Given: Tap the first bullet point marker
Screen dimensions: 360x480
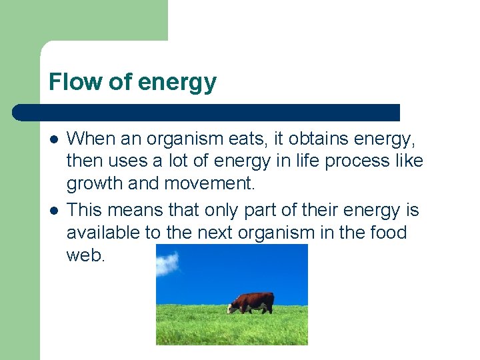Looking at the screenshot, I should coord(53,139).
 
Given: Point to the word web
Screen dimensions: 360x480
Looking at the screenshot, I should coord(86,255).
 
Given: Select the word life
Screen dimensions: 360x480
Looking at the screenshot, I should coord(301,161).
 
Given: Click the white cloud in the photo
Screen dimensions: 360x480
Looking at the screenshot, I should coord(168,263).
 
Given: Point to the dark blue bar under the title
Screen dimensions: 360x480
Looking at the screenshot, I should coord(207,112).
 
